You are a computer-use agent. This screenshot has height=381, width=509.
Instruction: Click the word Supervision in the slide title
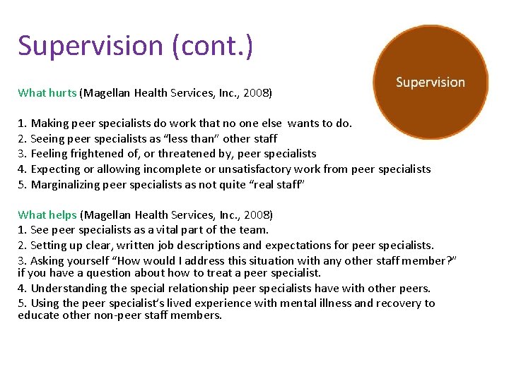click(90, 46)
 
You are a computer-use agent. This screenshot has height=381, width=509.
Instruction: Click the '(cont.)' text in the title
click(210, 46)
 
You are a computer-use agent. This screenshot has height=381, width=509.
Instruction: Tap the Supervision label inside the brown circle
click(431, 83)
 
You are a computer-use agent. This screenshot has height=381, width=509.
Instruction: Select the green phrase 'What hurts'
click(47, 92)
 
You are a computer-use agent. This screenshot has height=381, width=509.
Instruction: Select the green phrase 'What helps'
click(48, 214)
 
